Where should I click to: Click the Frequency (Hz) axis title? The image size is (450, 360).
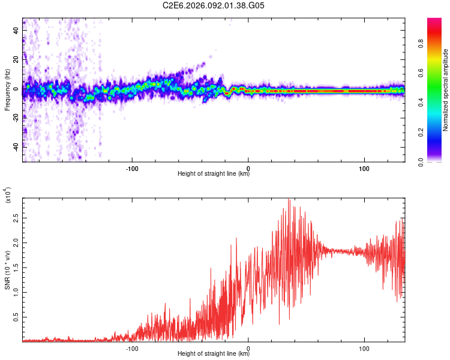(x=7, y=90)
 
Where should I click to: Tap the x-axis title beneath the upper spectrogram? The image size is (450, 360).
(x=214, y=174)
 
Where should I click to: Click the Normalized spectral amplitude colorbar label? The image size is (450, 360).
(x=445, y=90)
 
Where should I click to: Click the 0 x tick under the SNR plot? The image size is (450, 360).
(x=248, y=347)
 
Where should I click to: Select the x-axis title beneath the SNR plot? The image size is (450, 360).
(x=214, y=354)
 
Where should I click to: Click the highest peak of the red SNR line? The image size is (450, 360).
(x=289, y=199)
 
